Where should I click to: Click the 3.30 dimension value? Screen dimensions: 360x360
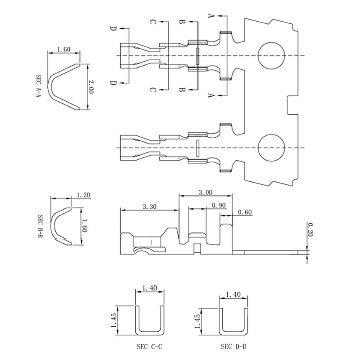pos(149,206)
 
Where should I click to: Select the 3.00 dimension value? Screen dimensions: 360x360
pos(206,192)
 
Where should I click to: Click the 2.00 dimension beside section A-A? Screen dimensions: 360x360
pos(91,86)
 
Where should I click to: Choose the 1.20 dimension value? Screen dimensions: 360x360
pos(84,195)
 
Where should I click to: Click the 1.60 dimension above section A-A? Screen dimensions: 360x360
pos(63,50)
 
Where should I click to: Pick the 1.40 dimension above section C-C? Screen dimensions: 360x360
pos(149,288)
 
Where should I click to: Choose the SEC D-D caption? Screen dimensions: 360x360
pos(234,347)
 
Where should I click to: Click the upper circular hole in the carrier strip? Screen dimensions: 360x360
pos(272,55)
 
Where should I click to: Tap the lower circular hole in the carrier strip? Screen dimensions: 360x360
pos(272,148)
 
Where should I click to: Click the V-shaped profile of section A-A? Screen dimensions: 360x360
pos(63,85)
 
